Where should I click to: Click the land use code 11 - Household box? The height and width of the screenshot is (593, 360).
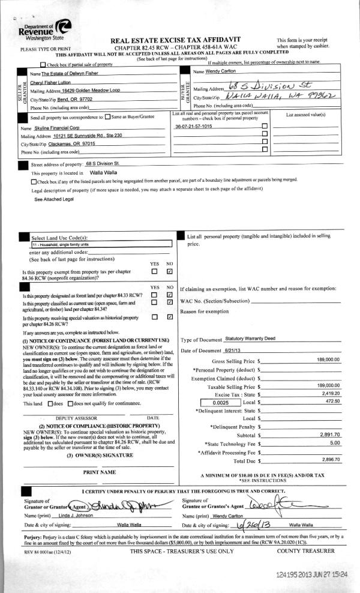coord(95,245)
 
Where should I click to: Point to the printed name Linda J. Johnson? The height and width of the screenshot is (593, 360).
coord(77,499)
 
